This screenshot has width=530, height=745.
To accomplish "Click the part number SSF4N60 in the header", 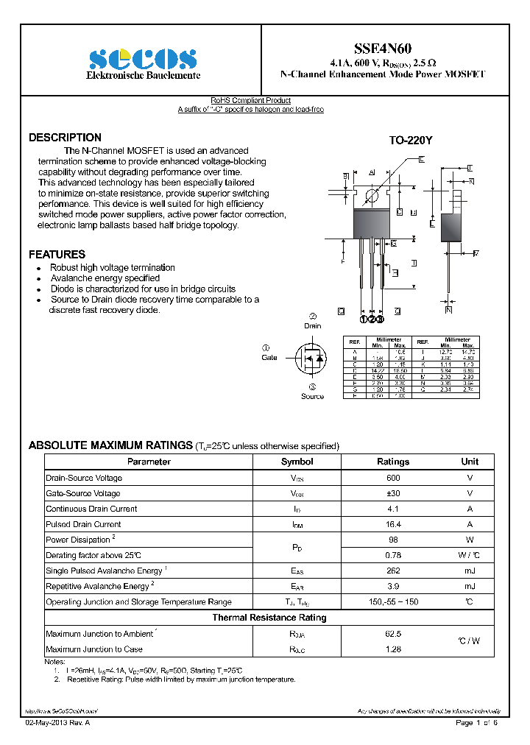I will (x=383, y=49).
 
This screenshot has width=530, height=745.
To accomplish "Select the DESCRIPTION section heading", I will (x=65, y=138).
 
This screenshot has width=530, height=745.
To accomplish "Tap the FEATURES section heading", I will (x=57, y=254).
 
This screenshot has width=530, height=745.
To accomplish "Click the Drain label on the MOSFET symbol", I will (x=312, y=325).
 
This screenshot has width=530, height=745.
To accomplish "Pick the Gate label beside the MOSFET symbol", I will (x=269, y=357).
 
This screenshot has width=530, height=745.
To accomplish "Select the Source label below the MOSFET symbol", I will (x=312, y=396).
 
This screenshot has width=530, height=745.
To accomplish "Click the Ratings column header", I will (x=393, y=462).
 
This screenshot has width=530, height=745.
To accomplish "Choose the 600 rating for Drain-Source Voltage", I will (x=393, y=478).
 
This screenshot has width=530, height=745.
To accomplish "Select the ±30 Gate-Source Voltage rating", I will (x=393, y=493).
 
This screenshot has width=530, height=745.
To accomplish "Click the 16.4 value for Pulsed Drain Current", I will (x=393, y=524).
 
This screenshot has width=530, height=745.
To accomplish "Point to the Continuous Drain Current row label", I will (x=91, y=509).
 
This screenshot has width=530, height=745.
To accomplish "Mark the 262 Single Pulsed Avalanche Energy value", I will (x=393, y=571).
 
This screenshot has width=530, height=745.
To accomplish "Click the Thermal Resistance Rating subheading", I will (x=269, y=618).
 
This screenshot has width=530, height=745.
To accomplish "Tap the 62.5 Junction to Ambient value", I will (x=393, y=633).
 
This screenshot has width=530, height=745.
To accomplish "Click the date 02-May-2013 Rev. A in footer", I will (x=57, y=724).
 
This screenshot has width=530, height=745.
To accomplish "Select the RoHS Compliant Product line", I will (x=250, y=100).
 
